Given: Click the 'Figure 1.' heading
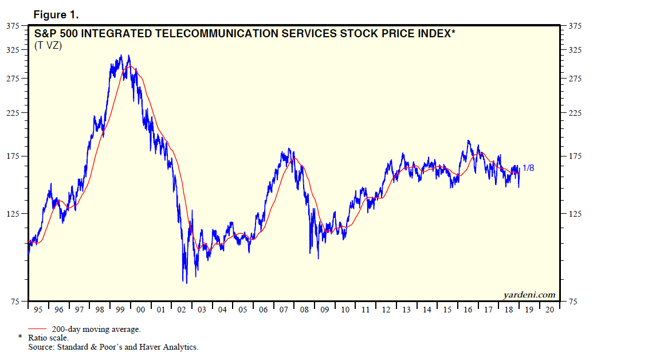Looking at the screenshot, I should pos(56,14).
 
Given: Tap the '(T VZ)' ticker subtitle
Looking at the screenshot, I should pos(48,46).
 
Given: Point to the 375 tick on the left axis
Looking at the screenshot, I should pos(13,26).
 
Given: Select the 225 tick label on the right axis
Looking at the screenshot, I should pos(575,113).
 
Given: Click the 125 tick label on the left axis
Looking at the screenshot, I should pos(13,214).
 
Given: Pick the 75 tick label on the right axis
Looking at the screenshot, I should pos(572,302).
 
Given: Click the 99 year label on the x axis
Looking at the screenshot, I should pos(120,310).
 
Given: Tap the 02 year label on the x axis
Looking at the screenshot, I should pos(182,310).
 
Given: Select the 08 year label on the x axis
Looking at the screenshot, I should pos(304,310).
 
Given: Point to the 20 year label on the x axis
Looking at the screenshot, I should pos(549,310).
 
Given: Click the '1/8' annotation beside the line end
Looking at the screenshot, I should pos(529,168).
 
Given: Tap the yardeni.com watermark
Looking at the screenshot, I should pos(529,295).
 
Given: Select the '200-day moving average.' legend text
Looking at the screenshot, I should pos(96,330).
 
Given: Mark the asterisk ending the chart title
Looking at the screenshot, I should pos(454,32).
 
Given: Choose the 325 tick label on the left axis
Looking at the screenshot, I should pos(13,50).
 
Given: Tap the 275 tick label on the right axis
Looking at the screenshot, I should pos(575,79).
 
